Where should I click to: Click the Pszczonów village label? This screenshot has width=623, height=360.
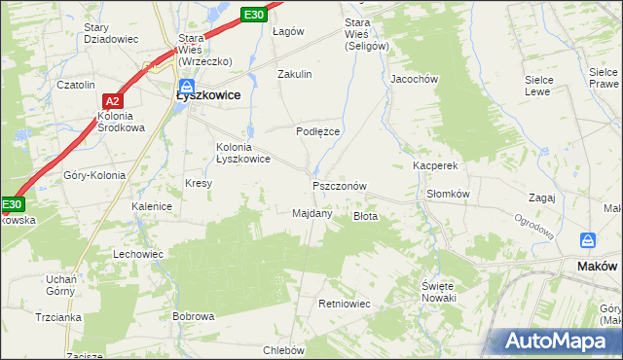[x=340, y=186]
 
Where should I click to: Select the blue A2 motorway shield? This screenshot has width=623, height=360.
[x=112, y=100]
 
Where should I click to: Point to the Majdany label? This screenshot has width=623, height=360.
[x=312, y=213]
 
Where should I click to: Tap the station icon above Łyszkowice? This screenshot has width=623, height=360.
[x=184, y=82]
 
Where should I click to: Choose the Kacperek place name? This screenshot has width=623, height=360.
[x=434, y=166]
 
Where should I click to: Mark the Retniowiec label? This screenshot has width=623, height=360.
[x=345, y=304]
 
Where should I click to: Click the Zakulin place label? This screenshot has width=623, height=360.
[x=294, y=74]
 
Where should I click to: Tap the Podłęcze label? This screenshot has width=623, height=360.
[x=317, y=130]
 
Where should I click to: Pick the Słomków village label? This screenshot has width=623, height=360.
[x=449, y=194]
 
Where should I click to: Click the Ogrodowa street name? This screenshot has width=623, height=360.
[x=534, y=227]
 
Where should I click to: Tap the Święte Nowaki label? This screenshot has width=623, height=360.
[x=439, y=291]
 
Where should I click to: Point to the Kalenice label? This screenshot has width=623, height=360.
[x=152, y=206]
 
